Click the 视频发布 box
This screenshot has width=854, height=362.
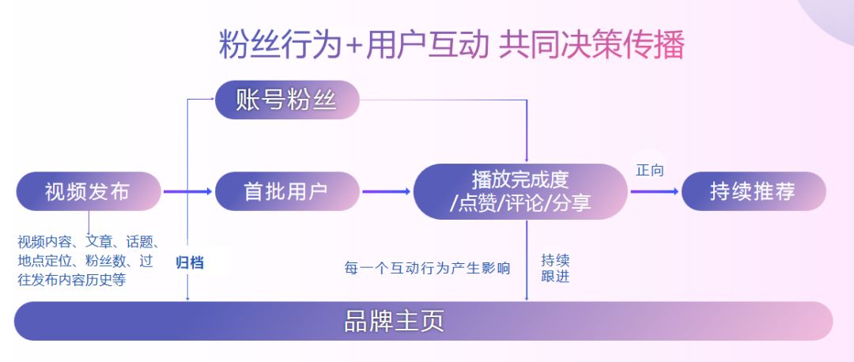point(89,191)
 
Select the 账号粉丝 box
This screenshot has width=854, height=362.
point(287,100)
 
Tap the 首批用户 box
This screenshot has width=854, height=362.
point(287,191)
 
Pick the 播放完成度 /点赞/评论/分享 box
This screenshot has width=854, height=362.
point(520,191)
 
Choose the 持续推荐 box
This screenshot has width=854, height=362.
point(754,191)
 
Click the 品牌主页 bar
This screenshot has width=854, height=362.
point(423,321)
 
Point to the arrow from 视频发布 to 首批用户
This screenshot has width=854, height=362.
point(187,191)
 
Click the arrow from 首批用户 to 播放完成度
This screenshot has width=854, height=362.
point(386,191)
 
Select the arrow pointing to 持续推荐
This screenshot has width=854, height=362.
point(654,191)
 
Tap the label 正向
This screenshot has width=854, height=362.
point(650,171)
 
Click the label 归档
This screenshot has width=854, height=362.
point(190,262)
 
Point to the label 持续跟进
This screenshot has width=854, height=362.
point(555,268)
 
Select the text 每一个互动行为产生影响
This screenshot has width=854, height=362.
point(427,268)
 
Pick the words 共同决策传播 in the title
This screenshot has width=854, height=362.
point(591,44)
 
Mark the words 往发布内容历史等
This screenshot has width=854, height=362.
point(71,280)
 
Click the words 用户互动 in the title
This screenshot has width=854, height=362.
point(427,44)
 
